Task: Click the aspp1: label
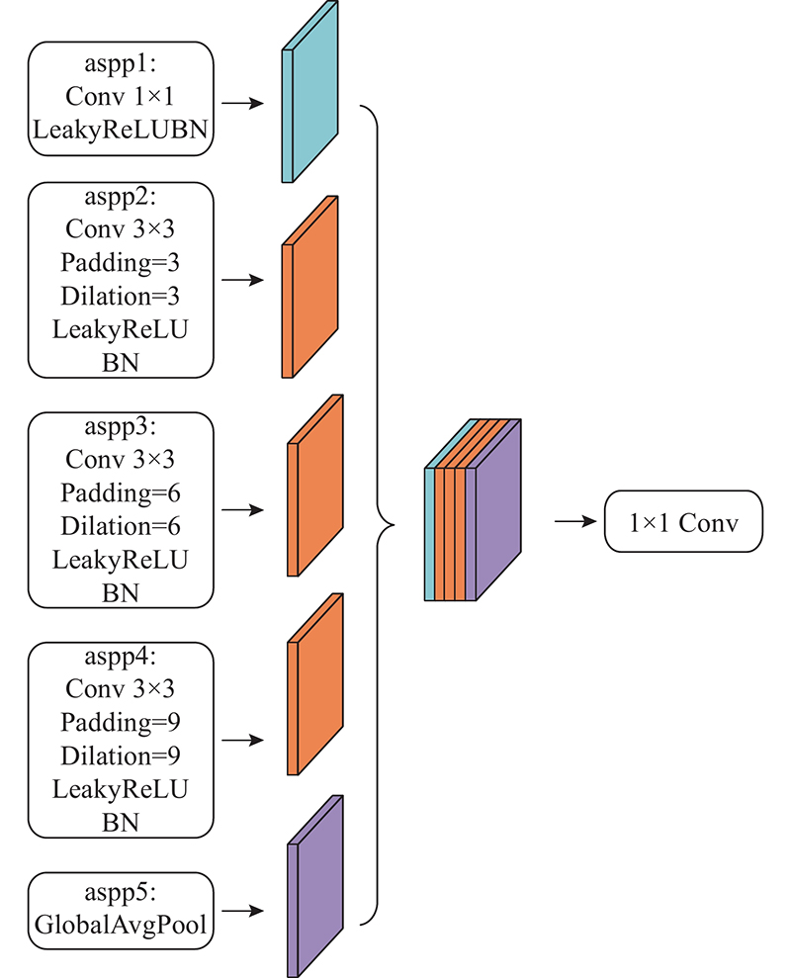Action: [121, 64]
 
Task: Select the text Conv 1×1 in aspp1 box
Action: [120, 97]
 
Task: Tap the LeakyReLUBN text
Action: [121, 130]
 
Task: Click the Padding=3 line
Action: [121, 263]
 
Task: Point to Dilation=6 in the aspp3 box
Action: [121, 526]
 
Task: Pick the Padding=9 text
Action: [121, 722]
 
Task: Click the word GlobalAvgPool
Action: [121, 925]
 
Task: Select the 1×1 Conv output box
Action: [683, 521]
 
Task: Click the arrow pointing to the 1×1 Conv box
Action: [575, 521]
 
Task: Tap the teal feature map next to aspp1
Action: [310, 92]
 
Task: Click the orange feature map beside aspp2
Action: [310, 287]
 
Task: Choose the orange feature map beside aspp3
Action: [315, 486]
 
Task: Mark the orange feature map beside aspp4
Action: [315, 684]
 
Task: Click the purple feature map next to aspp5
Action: [315, 886]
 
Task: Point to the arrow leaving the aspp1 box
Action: [242, 103]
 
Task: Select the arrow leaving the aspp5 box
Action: [242, 911]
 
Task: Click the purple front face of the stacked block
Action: [498, 510]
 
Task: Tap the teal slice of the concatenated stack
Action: [430, 534]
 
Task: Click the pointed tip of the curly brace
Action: [394, 525]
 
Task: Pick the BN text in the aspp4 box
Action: [121, 823]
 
